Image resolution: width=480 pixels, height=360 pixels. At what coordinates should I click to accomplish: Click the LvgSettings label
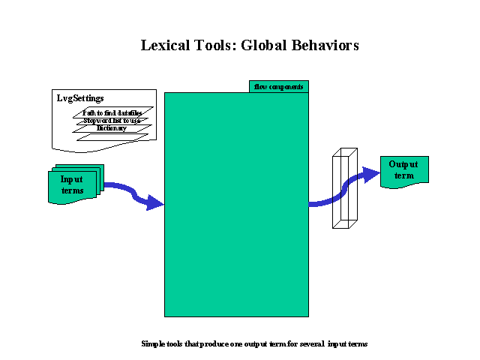[80, 98]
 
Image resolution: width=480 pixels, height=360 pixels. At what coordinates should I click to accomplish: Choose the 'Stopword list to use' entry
[112, 121]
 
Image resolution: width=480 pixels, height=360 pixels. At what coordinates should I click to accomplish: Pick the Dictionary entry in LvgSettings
[111, 128]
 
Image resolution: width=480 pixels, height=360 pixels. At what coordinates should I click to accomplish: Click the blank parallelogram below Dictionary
[112, 137]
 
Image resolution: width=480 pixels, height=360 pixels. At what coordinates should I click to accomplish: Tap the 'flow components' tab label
[279, 87]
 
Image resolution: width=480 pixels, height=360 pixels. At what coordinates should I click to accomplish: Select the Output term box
[404, 171]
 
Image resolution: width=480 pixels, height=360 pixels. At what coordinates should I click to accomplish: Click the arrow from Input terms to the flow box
[135, 194]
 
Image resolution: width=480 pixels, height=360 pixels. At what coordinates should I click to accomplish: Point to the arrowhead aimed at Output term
[370, 175]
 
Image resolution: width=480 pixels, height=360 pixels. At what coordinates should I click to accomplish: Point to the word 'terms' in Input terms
[73, 190]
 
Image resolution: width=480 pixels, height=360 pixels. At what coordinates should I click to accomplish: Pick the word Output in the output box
[403, 164]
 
